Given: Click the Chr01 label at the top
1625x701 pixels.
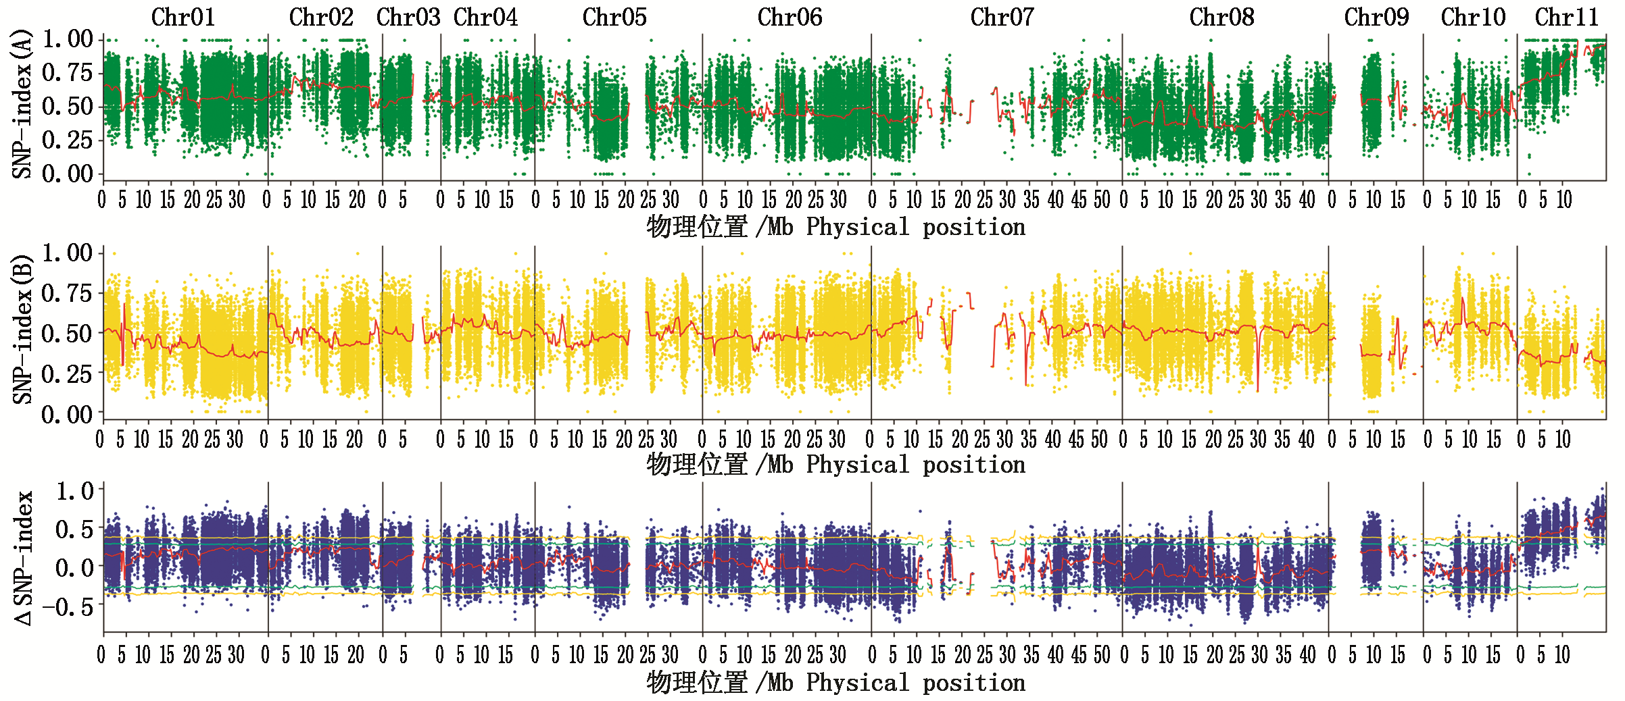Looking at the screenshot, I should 183,18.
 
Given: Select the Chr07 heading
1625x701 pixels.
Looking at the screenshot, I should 1002,18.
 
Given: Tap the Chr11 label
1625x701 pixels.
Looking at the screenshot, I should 1566,18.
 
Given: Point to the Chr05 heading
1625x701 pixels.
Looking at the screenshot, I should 614,18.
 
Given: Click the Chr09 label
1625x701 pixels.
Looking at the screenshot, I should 1376,18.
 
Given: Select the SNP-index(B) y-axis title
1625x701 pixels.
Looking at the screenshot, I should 22,330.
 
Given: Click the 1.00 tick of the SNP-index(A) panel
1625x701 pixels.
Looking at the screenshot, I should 68,39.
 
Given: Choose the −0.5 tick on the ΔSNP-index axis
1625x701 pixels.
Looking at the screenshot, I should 68,607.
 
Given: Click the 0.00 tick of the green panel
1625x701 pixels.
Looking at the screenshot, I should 68,174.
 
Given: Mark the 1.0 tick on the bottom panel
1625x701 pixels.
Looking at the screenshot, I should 74,491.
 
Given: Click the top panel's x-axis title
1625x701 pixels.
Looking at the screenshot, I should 835,228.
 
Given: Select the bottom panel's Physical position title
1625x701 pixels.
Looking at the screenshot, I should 835,683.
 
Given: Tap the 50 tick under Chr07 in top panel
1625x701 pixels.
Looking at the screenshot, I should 1102,200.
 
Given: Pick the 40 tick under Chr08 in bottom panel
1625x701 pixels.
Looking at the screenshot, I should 1308,654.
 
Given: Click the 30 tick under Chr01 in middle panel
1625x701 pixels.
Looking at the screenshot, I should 235,440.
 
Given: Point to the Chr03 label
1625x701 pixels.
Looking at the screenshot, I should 408,18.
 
